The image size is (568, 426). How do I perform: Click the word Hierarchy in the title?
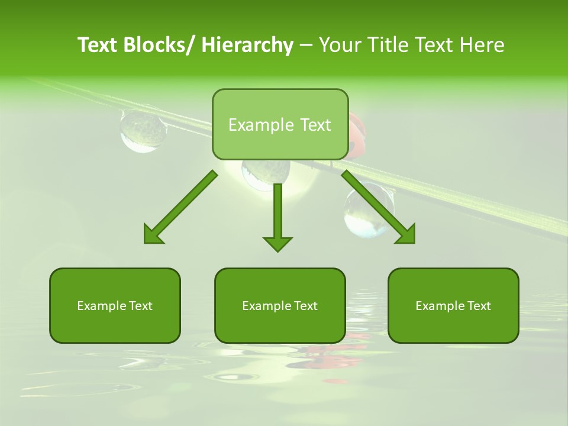(247, 45)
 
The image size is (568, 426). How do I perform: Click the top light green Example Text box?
(280, 124)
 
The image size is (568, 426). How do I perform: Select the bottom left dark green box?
(115, 305)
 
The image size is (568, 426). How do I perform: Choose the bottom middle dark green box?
(280, 305)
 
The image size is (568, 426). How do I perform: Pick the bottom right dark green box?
(453, 305)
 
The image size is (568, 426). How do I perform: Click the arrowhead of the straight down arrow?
(277, 243)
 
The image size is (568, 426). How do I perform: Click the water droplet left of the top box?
(143, 130)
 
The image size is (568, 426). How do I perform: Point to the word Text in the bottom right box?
(478, 305)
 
